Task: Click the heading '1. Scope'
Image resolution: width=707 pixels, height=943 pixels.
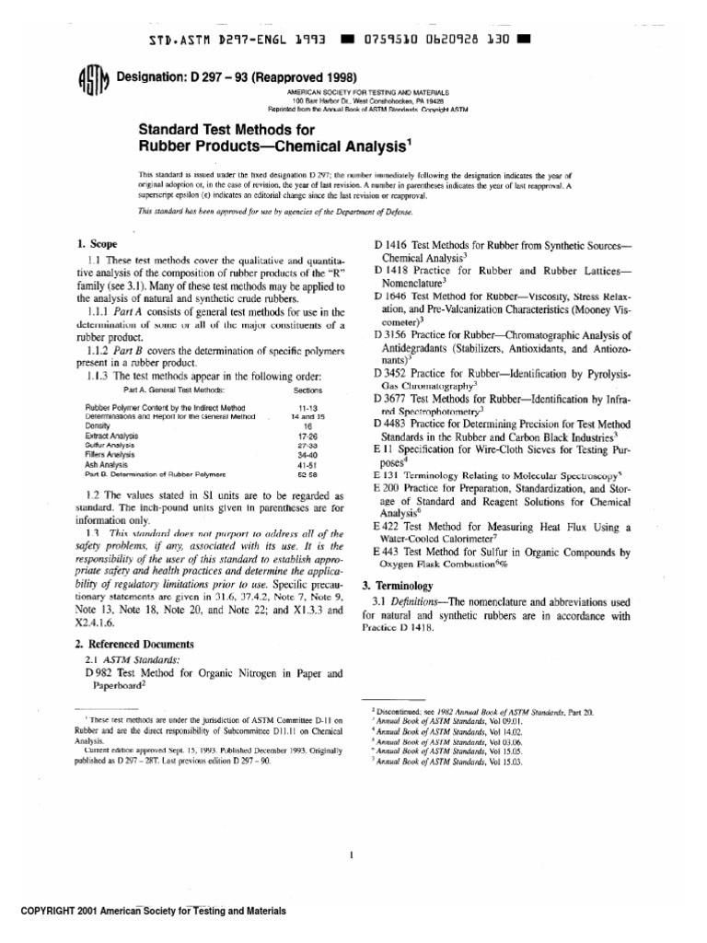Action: click(x=98, y=244)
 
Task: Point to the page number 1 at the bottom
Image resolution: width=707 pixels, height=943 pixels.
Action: click(x=353, y=855)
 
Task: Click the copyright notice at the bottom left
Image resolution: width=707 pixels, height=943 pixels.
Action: click(x=147, y=911)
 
